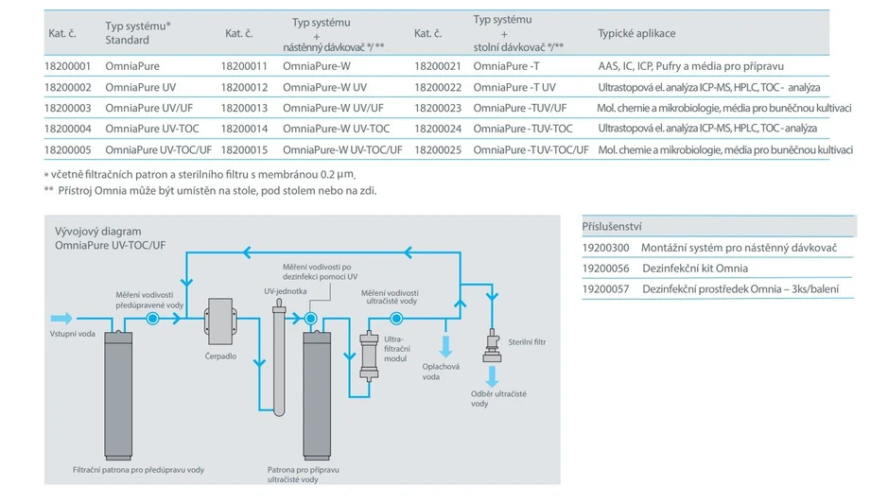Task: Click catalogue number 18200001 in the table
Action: pyautogui.click(x=67, y=67)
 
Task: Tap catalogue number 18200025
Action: pyautogui.click(x=437, y=149)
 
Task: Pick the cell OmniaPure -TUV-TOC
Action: pyautogui.click(x=523, y=129)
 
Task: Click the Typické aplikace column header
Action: pyautogui.click(x=636, y=34)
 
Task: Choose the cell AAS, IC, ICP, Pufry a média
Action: pyautogui.click(x=691, y=67)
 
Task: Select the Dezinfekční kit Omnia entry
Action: pyautogui.click(x=695, y=269)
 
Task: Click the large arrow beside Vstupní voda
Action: pyautogui.click(x=61, y=319)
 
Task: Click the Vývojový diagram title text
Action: pyautogui.click(x=98, y=231)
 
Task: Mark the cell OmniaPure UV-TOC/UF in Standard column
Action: pyautogui.click(x=158, y=149)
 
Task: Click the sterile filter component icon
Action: pyautogui.click(x=493, y=343)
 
